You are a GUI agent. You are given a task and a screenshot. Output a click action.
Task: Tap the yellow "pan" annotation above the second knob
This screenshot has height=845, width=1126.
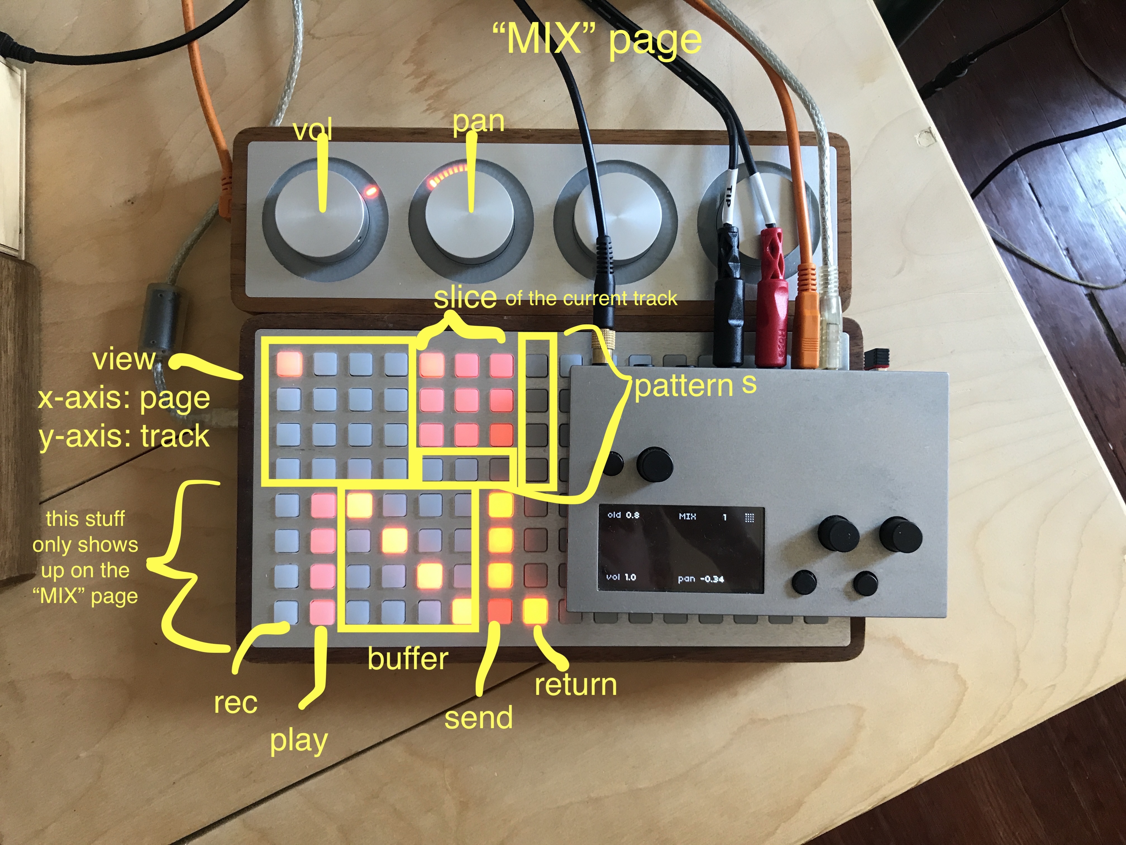(478, 122)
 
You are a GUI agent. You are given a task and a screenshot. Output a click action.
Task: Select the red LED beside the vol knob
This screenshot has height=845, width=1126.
(370, 191)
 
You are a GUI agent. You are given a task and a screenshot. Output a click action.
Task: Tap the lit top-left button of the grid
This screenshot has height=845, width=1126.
(289, 364)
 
